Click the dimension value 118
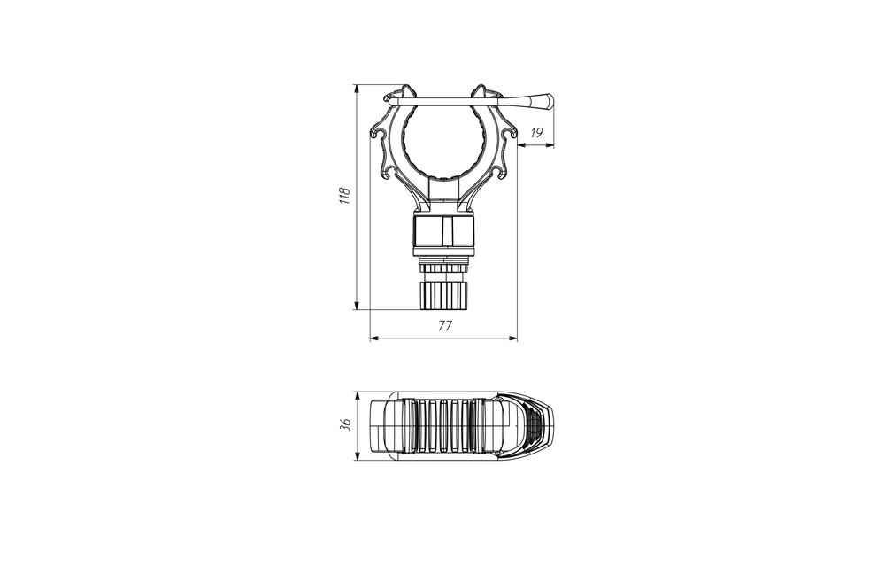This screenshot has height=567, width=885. click(346, 196)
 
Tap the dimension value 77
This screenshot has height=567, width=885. click(444, 326)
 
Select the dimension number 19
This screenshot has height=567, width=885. click(536, 133)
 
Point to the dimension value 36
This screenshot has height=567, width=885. click(345, 426)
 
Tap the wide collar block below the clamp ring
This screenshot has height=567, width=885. click(442, 232)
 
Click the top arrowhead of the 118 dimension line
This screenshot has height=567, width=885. click(356, 89)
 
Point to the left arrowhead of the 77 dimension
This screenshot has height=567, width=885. click(372, 338)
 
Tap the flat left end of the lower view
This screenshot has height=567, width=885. click(372, 426)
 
